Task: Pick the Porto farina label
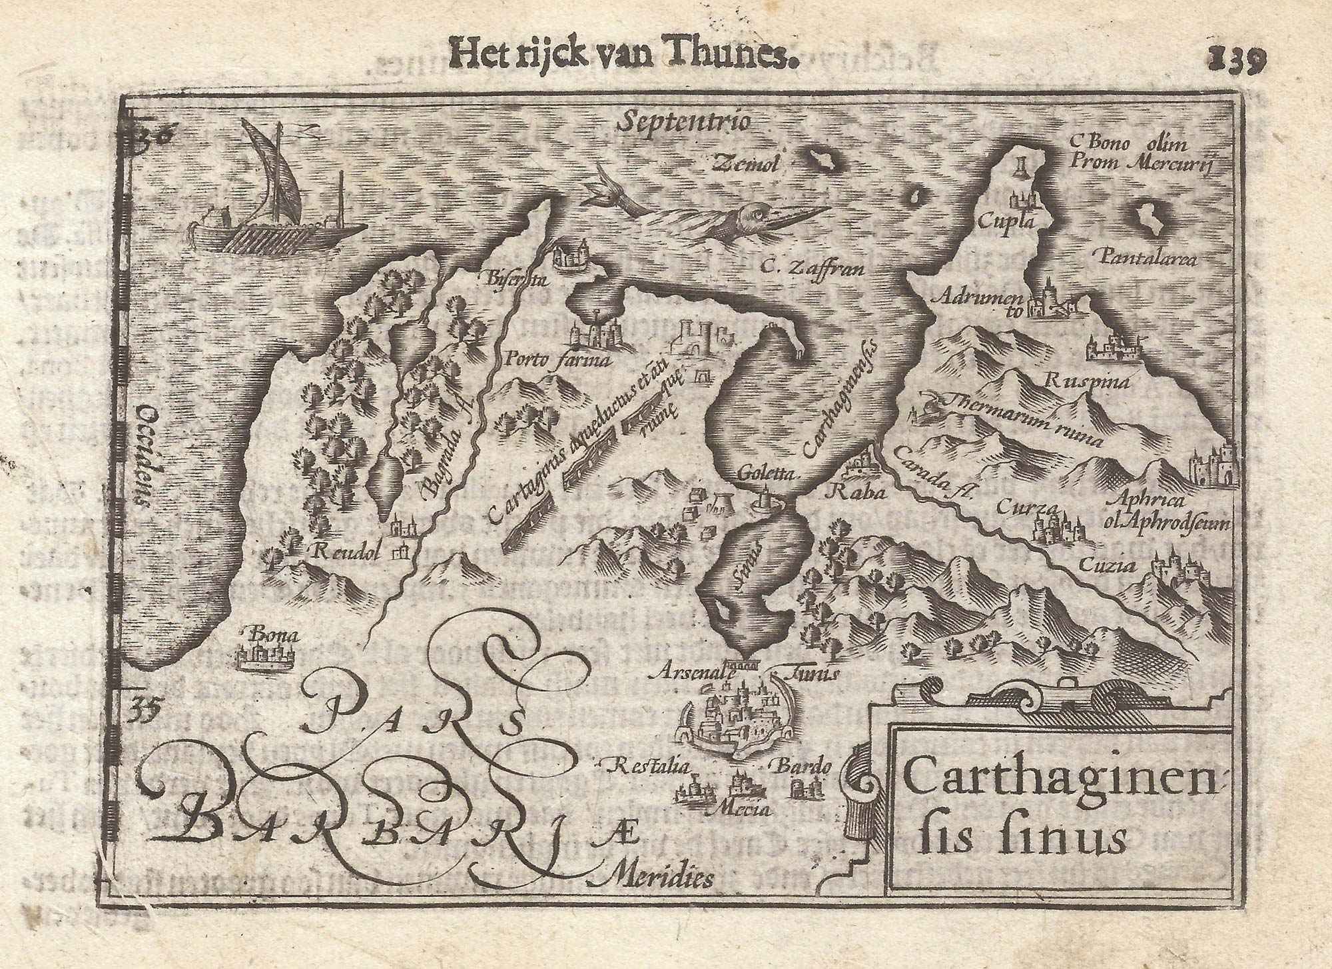pyautogui.click(x=558, y=362)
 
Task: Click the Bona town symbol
pyautogui.click(x=265, y=658)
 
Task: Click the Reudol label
pyautogui.click(x=345, y=550)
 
